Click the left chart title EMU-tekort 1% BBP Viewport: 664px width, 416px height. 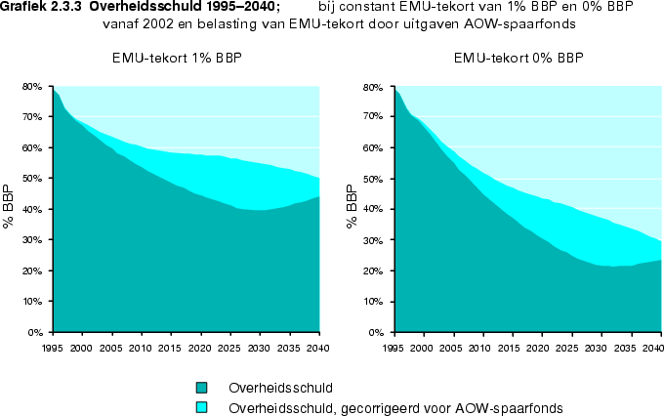[x=177, y=59]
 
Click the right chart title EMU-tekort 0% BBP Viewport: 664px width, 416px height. [x=519, y=59]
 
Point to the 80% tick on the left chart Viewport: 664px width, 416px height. [x=33, y=87]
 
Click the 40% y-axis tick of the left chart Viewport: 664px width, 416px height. [x=33, y=210]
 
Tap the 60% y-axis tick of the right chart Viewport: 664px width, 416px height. [x=375, y=148]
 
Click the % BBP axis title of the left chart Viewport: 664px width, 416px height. [x=8, y=207]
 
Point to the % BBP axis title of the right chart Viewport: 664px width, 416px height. [x=351, y=207]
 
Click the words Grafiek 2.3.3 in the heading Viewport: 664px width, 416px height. [x=40, y=6]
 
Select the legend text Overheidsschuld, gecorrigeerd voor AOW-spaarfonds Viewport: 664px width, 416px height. [x=396, y=406]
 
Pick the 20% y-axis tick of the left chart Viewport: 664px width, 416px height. [x=33, y=271]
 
